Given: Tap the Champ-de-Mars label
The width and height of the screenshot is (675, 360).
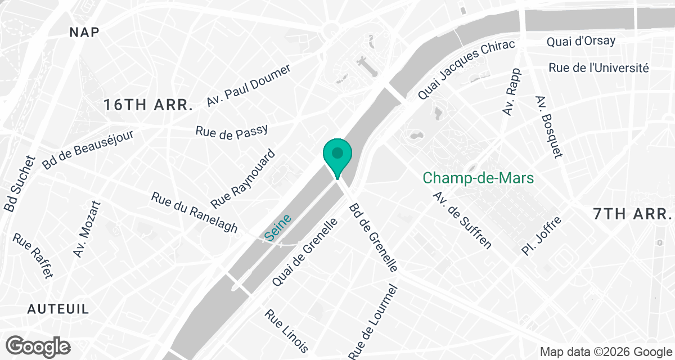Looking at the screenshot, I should [478, 178].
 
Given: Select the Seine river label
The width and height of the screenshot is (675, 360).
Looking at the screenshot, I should [278, 230].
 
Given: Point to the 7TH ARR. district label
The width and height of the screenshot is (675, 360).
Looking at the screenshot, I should [633, 214].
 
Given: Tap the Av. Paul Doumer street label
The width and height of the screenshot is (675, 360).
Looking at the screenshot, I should [249, 85].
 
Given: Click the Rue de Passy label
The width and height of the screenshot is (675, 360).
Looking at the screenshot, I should [231, 131].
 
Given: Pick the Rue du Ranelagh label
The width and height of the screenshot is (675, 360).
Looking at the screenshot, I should [195, 213].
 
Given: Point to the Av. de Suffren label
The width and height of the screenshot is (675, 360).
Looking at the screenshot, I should [462, 220].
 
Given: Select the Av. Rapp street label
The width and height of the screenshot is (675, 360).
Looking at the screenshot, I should [512, 92].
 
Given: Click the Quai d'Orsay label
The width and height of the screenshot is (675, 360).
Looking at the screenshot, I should [581, 41].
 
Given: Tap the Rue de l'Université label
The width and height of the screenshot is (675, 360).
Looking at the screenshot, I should [598, 68].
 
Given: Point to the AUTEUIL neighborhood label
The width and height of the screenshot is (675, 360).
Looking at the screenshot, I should [58, 309].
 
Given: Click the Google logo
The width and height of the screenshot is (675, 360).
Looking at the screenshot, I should [38, 345].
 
